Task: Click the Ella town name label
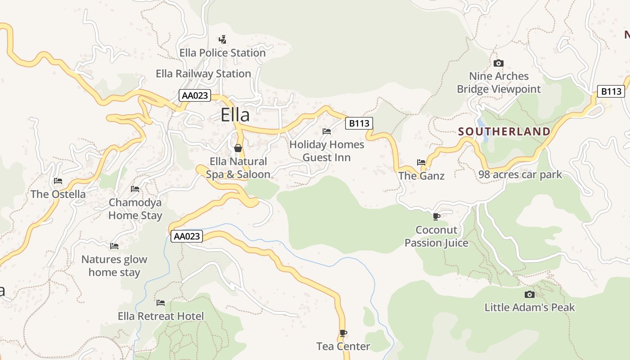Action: tap(235, 115)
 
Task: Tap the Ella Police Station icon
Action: tap(222, 40)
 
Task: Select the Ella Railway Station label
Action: tap(203, 73)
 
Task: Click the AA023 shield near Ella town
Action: tap(194, 95)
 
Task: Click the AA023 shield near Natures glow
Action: tap(186, 236)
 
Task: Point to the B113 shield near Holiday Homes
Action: tap(359, 123)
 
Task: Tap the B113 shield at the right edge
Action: tap(611, 91)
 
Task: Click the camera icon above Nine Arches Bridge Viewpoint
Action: tap(498, 63)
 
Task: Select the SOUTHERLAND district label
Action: tap(504, 131)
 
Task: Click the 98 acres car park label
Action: tap(520, 175)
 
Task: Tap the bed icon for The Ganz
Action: tap(421, 162)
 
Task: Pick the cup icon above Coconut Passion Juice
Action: tap(436, 216)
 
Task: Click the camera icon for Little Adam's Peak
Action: tap(530, 294)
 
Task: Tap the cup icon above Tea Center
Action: tap(343, 333)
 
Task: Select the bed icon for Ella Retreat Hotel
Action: tap(161, 303)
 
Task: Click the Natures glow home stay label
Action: tap(114, 265)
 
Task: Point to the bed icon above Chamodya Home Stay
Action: tap(135, 189)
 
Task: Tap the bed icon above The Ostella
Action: tap(58, 181)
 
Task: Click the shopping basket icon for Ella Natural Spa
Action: tap(238, 148)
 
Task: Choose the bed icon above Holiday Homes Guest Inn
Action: tap(327, 131)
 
